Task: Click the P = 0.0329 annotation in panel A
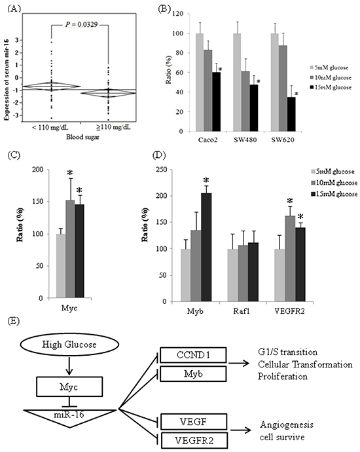point(82,25)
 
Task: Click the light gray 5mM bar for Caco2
point(200,83)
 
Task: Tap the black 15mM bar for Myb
point(206,248)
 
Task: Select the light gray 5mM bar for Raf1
point(233,275)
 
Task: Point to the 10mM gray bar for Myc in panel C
point(70,249)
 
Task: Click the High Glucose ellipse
point(69,345)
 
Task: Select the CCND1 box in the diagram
point(193,355)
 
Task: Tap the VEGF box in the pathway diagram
point(194,422)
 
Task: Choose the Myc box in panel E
point(69,387)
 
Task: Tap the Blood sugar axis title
point(82,137)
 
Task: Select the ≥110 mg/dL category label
point(113,127)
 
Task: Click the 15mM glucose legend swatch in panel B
point(312,87)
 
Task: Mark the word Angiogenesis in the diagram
point(286,425)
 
